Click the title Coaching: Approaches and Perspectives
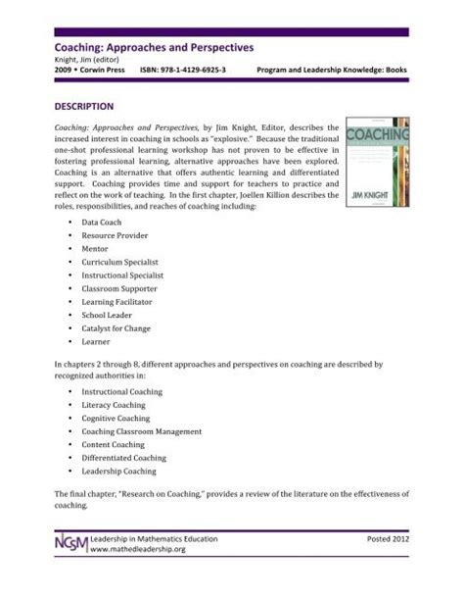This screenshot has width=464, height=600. [144, 45]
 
